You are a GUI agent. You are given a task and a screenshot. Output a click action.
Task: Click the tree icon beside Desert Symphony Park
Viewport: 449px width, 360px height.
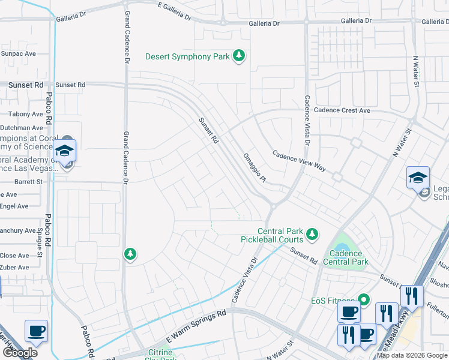point(240,56)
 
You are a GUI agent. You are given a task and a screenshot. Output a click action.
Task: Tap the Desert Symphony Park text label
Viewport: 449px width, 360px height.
point(187,57)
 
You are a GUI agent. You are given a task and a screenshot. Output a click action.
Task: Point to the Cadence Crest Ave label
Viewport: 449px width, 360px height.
point(342,111)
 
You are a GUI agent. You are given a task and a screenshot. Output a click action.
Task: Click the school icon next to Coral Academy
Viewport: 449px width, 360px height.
point(64,151)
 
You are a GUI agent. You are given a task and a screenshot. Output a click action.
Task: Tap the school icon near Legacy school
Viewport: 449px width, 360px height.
point(418,178)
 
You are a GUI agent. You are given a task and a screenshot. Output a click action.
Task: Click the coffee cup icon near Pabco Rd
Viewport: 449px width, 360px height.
point(36,331)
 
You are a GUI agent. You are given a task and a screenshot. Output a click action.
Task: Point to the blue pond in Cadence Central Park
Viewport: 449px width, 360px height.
point(342,247)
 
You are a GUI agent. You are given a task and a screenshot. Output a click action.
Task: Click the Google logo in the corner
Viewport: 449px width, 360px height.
point(19,353)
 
